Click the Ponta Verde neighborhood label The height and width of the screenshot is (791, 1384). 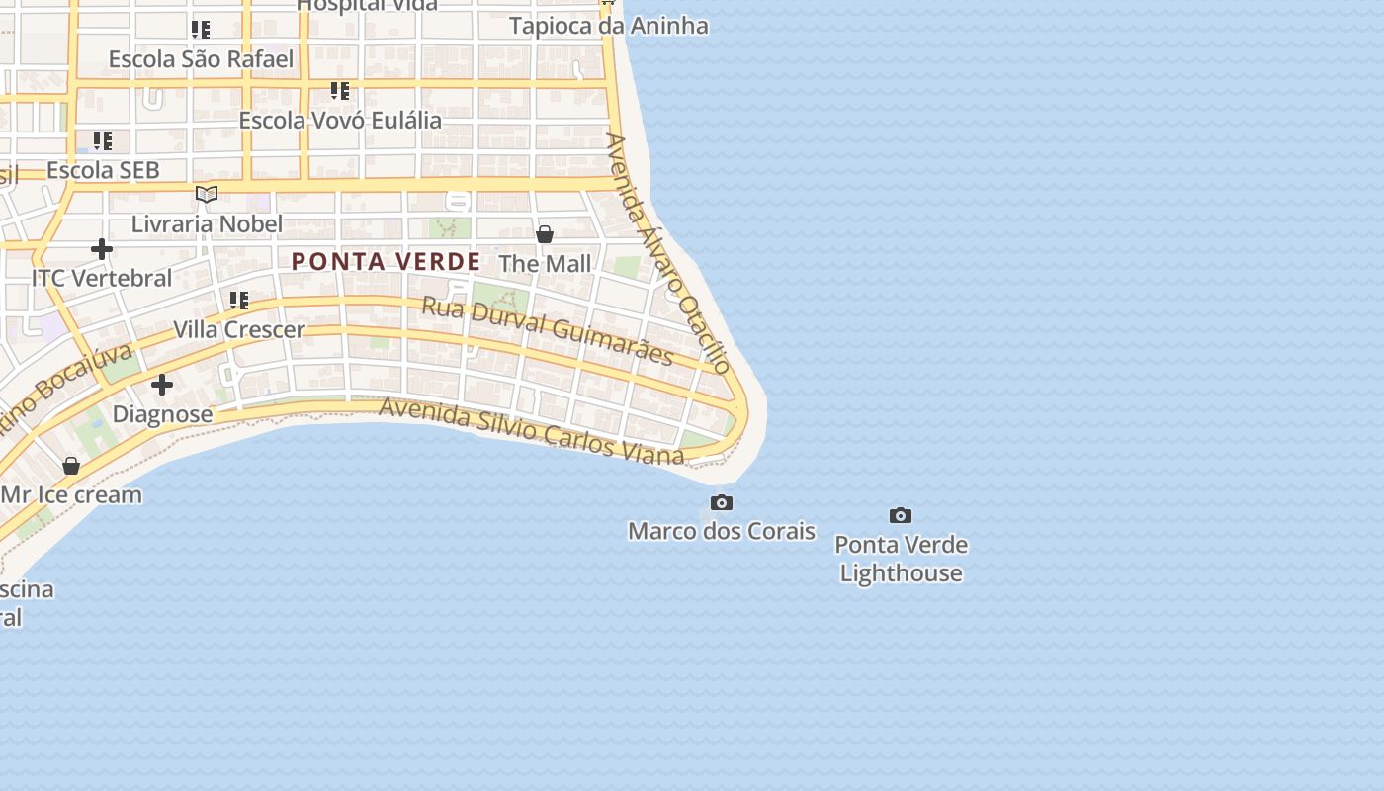(386, 262)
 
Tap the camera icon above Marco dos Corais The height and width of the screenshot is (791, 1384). (722, 503)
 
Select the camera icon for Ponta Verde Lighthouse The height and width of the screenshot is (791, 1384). (900, 516)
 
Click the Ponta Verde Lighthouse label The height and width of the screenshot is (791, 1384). (901, 559)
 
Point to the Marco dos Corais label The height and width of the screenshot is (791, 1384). (722, 531)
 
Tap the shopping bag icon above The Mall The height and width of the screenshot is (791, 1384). (544, 234)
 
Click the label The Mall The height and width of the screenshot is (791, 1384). (545, 264)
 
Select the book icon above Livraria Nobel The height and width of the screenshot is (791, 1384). (206, 194)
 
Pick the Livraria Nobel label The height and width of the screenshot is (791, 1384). (207, 223)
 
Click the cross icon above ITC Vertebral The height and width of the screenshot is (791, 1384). (101, 249)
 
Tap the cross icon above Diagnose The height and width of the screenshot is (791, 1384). (162, 385)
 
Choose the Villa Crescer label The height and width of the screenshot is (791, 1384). (239, 329)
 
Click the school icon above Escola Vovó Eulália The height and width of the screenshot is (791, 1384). (340, 91)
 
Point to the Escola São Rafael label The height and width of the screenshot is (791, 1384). (201, 59)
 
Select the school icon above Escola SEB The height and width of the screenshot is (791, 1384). (102, 140)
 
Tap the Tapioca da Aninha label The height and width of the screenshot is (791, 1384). (608, 26)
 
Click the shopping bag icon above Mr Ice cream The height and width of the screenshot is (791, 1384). (71, 465)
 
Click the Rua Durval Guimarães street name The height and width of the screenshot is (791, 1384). (548, 331)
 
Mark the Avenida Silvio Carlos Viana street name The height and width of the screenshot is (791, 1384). (531, 431)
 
